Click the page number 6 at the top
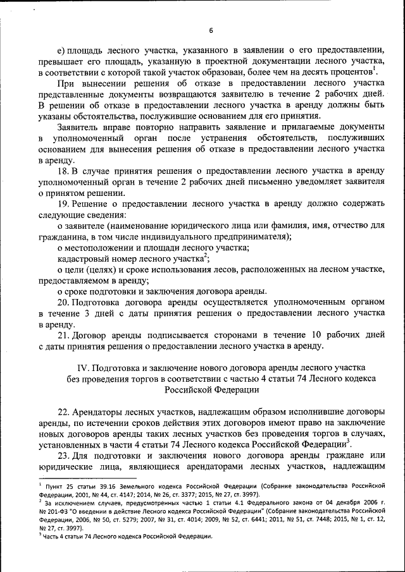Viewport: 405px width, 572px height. coord(211,30)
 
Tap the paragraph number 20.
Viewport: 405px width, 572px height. coord(63,301)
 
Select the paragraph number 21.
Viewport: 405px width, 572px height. coord(63,334)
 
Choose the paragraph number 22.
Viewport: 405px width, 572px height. coord(63,411)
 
